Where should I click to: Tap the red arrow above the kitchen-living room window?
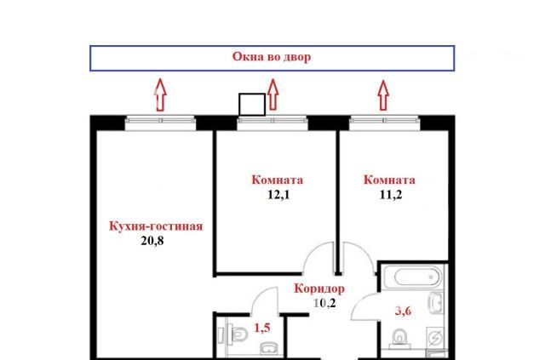pos(160,94)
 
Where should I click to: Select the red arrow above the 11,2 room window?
pos(383,95)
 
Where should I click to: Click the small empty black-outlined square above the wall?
pos(252,104)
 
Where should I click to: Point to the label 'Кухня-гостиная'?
pos(156,226)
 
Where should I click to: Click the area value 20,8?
pos(152,241)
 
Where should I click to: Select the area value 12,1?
pos(278,195)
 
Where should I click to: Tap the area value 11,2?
pos(391,195)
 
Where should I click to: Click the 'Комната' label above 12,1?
pos(278,180)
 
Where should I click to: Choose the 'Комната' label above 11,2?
pos(389,180)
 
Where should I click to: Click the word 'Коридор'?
pos(319,289)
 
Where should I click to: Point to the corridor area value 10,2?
pos(325,303)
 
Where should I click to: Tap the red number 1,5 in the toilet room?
pos(262,328)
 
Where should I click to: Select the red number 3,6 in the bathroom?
pos(403,311)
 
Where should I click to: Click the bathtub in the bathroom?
pos(417,277)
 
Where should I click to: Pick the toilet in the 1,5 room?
pos(238,334)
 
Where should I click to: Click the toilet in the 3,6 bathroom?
pos(399,337)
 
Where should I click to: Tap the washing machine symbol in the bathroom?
pos(435,336)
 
